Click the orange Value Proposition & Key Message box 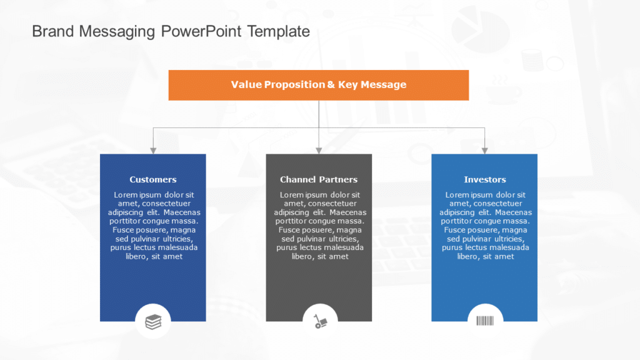(319, 85)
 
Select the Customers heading (153, 179)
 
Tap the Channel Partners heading (319, 179)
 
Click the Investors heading (485, 179)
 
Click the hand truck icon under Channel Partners (319, 321)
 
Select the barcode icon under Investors (485, 321)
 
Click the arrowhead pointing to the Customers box (153, 150)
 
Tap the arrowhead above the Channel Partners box (319, 150)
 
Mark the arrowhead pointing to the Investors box (484, 150)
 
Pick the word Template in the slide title (279, 31)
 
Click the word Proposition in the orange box (294, 85)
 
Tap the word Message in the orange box (384, 85)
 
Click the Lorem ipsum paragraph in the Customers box (153, 226)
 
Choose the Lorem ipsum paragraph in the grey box (319, 226)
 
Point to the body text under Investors (485, 226)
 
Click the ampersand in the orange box (331, 85)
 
